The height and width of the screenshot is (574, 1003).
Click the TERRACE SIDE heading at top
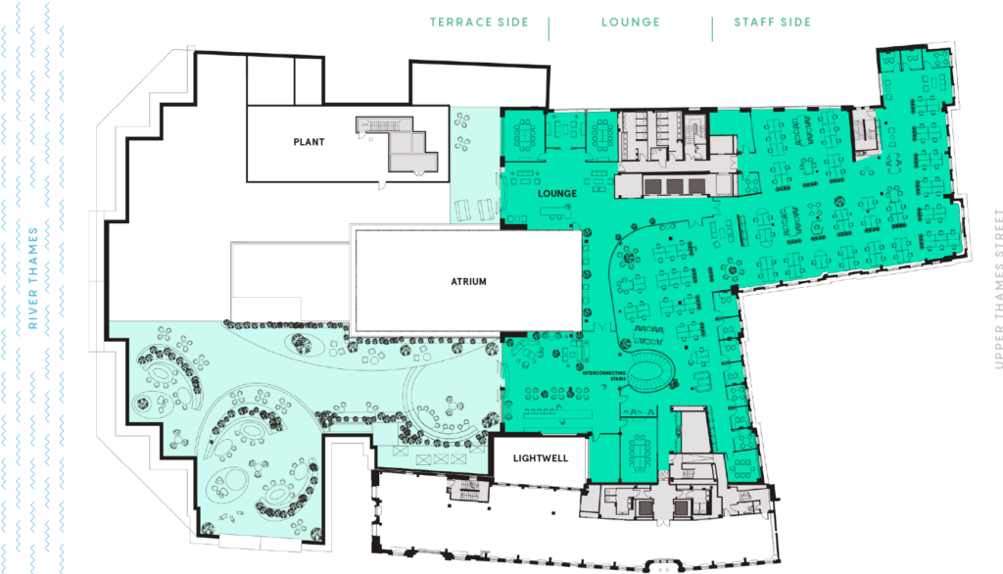click(x=480, y=23)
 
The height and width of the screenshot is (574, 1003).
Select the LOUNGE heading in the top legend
click(x=630, y=23)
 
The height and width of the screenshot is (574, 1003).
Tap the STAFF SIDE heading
click(x=773, y=23)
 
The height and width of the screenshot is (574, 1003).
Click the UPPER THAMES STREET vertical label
click(x=998, y=289)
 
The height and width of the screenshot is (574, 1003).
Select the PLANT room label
click(x=309, y=142)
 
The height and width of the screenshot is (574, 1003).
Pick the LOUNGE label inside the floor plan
click(x=557, y=194)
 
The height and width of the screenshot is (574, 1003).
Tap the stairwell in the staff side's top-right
click(x=864, y=132)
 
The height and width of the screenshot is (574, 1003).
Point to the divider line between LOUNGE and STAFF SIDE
click(x=712, y=26)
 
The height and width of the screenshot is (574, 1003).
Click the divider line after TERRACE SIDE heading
click(x=549, y=26)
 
